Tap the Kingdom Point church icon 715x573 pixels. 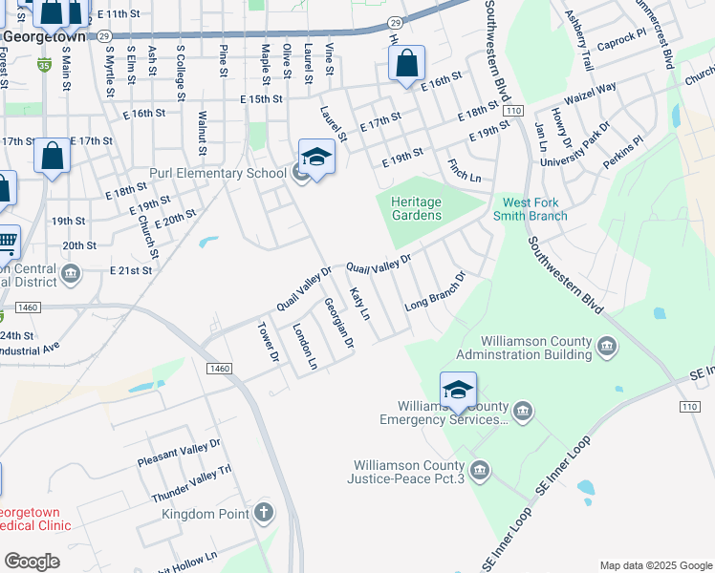point(264,514)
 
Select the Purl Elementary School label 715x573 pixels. point(218,173)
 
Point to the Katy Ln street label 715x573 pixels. point(359,303)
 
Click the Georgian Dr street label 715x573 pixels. point(338,323)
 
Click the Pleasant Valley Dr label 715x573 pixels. point(179,452)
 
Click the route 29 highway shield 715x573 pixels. point(395,21)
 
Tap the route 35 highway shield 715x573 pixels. point(44,65)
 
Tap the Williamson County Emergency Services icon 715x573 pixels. point(522,413)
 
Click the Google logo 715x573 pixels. point(32,562)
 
